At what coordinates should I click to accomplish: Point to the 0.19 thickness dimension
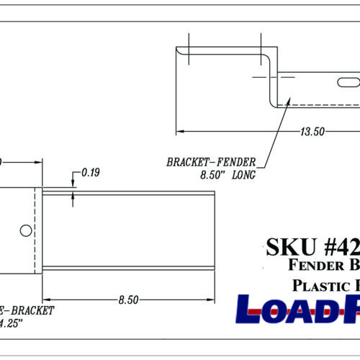(91, 173)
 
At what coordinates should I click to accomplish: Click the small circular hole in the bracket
(25, 230)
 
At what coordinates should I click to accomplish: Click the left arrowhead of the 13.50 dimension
(181, 131)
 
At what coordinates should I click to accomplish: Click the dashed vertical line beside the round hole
(35, 230)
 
